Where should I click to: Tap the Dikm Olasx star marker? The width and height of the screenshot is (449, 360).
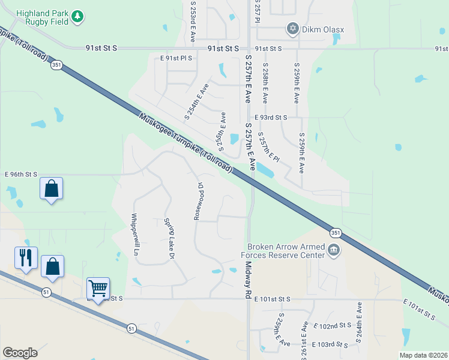293,28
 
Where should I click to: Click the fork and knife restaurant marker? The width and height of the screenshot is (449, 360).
26,257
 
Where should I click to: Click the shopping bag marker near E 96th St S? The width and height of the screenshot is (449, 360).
52,188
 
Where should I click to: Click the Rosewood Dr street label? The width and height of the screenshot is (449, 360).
198,201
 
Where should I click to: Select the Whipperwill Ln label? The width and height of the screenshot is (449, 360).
136,235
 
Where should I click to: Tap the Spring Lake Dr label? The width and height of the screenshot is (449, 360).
169,239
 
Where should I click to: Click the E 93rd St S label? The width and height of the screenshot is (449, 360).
271,118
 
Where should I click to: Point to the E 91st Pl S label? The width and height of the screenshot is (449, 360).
176,58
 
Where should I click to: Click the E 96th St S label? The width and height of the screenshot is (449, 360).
21,174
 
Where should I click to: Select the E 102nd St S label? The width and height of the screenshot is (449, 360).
333,325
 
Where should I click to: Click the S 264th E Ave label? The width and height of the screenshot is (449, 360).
359,322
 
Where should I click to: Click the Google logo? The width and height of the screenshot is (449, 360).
20,353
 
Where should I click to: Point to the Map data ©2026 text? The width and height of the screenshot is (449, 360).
423,355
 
